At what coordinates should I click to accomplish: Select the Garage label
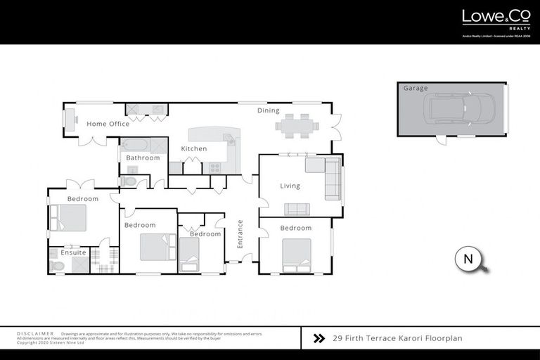click(x=415, y=89)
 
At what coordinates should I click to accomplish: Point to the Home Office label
click(x=108, y=124)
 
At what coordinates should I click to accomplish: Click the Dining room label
click(x=268, y=110)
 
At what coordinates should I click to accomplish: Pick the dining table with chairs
click(x=297, y=127)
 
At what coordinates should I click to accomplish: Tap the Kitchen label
click(x=193, y=149)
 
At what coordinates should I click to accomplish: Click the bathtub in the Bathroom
click(x=135, y=146)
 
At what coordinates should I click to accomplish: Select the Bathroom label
click(x=143, y=158)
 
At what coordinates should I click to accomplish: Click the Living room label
click(x=290, y=186)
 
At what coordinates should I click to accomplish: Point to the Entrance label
click(x=240, y=234)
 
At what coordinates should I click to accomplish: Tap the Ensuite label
click(x=73, y=252)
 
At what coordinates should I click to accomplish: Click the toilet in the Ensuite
click(x=57, y=266)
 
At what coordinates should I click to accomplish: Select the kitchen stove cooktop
click(x=214, y=167)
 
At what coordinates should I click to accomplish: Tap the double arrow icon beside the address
click(x=319, y=338)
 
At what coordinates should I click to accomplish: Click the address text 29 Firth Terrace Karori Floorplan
click(x=397, y=338)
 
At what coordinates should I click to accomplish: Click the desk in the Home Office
click(x=70, y=120)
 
